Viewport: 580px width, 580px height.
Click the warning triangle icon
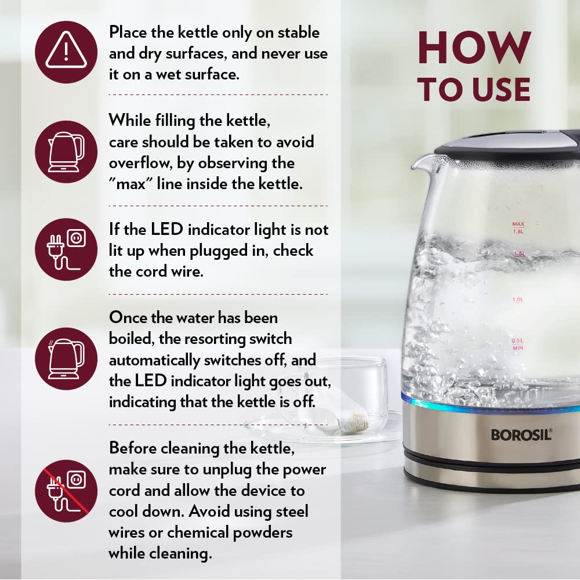(66, 52)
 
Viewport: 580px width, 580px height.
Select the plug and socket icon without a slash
(66, 249)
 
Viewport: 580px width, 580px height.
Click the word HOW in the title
(474, 48)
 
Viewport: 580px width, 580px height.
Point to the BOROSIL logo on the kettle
(521, 434)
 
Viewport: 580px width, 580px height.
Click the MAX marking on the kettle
(518, 224)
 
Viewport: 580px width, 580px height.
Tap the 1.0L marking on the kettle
(518, 299)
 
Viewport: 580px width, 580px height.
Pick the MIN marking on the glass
(518, 348)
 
